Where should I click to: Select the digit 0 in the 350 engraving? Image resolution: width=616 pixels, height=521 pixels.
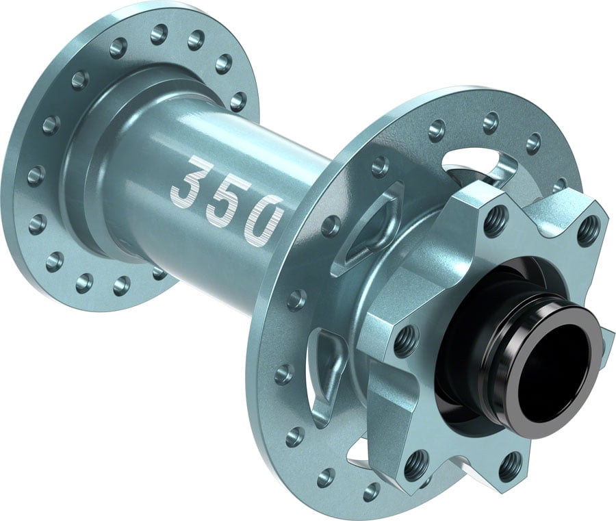pos(263,218)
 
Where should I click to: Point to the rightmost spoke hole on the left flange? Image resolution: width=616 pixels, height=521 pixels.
pos(238,101)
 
